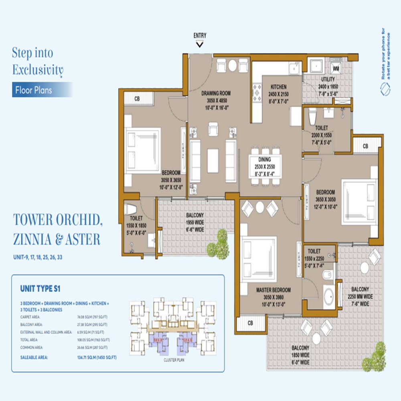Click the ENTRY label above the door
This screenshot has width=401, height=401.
(x=200, y=35)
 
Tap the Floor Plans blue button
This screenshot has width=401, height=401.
(x=34, y=90)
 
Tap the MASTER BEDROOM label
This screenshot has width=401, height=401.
(x=273, y=290)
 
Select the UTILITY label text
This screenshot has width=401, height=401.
(x=328, y=79)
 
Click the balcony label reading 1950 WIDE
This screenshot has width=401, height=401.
(x=195, y=222)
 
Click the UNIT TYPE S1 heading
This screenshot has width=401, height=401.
(x=40, y=288)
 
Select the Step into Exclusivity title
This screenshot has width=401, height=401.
(x=38, y=61)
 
